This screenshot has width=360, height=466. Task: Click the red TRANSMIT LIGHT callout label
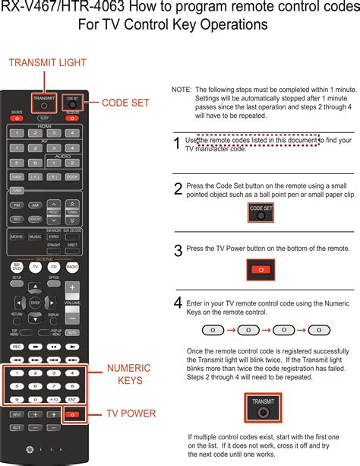(47, 63)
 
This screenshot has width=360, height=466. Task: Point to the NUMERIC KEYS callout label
(128, 374)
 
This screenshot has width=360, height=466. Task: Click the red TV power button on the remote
(73, 414)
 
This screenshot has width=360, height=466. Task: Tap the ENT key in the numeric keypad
(72, 399)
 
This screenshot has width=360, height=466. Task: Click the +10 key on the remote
(53, 399)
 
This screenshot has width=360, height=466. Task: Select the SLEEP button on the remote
(44, 119)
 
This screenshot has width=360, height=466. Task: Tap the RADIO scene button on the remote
(72, 267)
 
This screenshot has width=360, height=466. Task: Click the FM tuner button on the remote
(17, 205)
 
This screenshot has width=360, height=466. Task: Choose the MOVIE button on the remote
(17, 236)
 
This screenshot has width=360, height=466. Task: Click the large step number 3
(178, 250)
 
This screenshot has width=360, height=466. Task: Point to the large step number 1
(177, 144)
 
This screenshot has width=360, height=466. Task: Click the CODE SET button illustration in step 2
(261, 213)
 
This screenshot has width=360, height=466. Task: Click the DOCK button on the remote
(72, 176)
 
